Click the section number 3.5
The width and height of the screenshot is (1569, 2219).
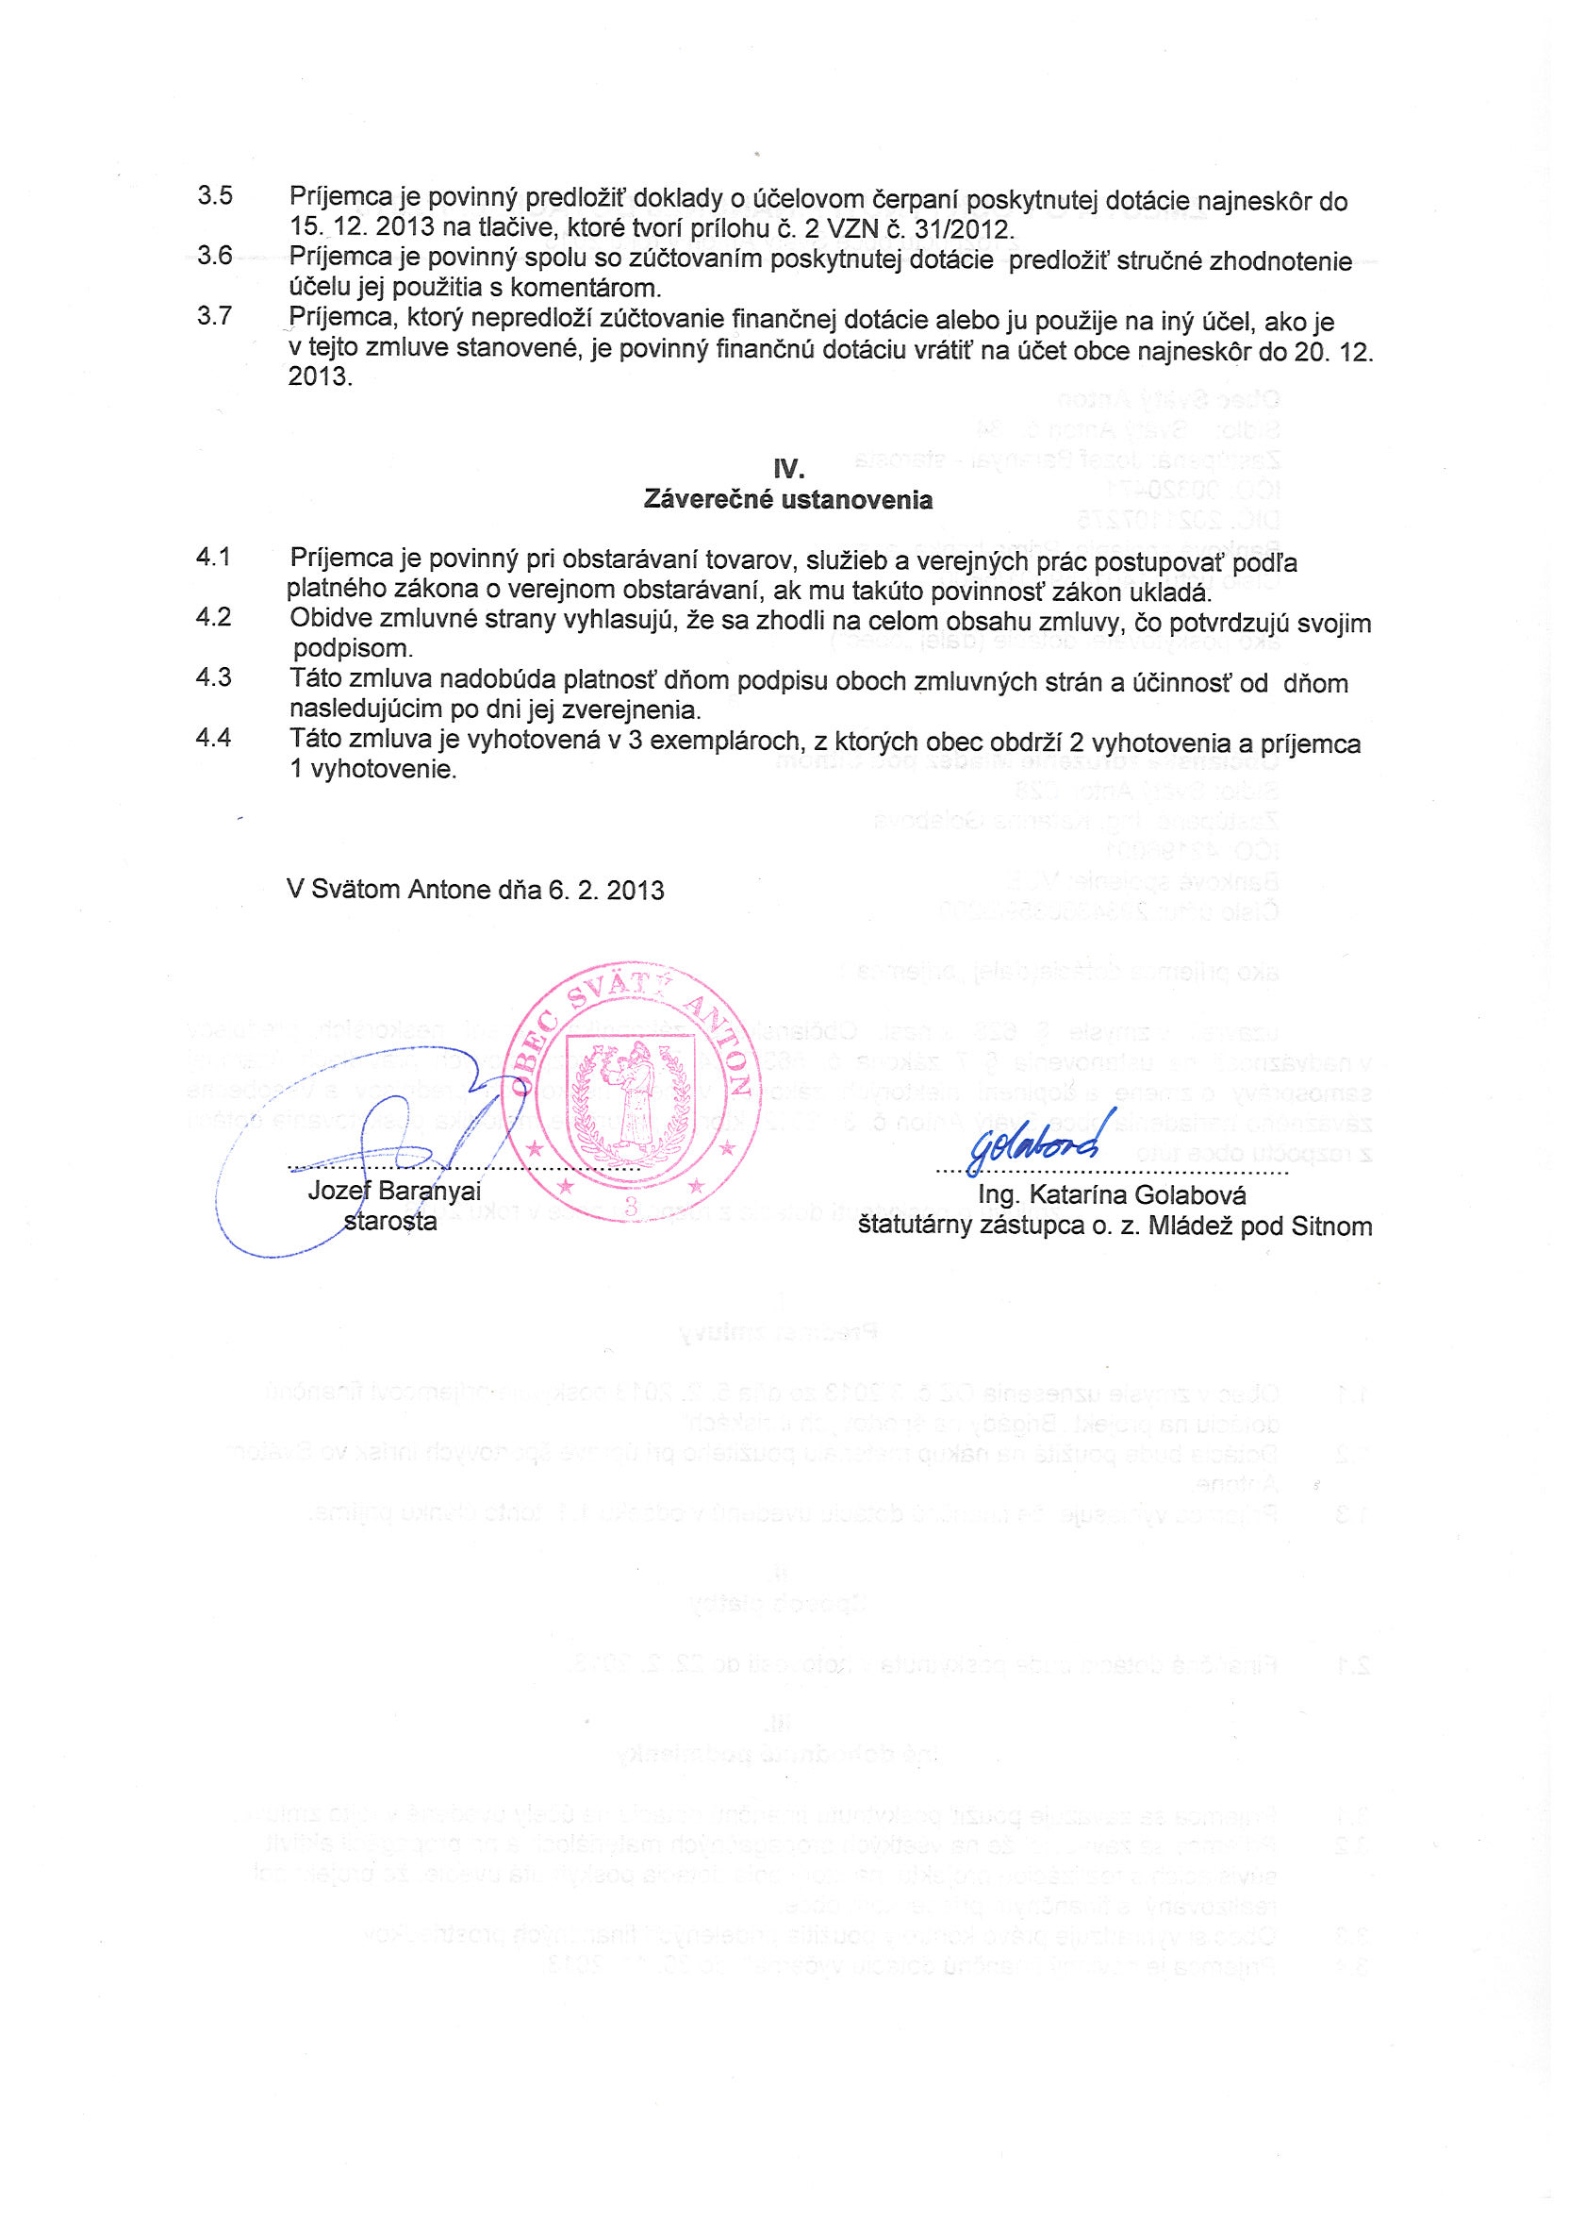(214, 196)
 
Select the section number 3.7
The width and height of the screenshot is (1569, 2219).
(214, 316)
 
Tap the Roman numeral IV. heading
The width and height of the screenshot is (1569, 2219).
(788, 470)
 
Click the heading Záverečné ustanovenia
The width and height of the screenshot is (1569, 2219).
(788, 501)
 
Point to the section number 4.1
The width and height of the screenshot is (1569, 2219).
(213, 558)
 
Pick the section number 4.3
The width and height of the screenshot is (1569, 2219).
(213, 678)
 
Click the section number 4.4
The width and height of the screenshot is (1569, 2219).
(213, 739)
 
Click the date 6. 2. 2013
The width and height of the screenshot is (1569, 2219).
(606, 890)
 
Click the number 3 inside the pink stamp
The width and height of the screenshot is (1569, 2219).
(631, 1206)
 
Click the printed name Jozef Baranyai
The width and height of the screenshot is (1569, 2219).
(394, 1191)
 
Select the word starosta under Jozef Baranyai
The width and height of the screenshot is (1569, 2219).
(390, 1222)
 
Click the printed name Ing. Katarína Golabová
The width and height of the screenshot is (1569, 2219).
(1112, 1195)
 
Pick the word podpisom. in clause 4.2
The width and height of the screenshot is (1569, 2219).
(353, 648)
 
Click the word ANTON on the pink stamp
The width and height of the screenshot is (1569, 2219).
(716, 1043)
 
